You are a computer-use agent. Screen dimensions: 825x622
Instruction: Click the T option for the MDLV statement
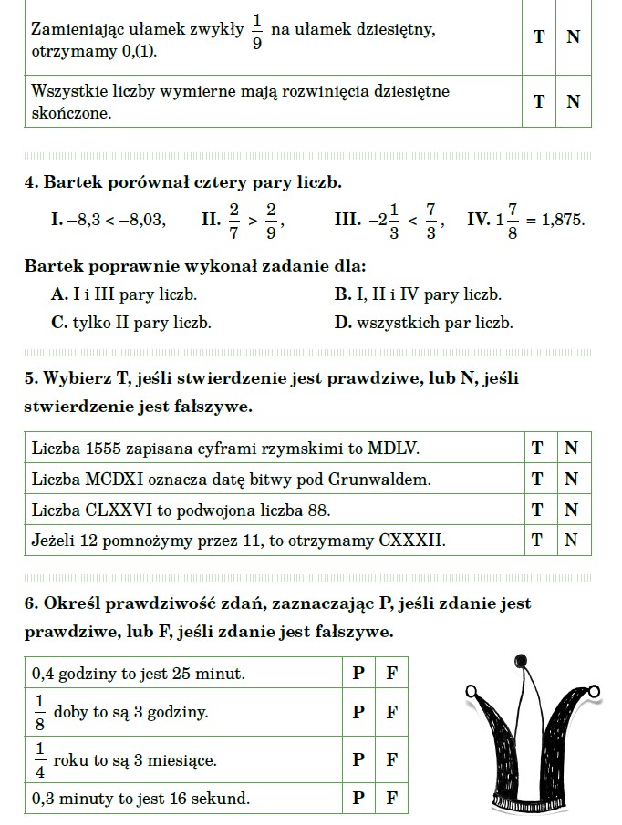pyautogui.click(x=538, y=448)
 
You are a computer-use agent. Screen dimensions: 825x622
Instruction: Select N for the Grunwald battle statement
pyautogui.click(x=572, y=479)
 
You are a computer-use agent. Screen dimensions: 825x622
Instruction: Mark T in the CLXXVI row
pyautogui.click(x=538, y=509)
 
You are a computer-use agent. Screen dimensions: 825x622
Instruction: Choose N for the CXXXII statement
pyautogui.click(x=572, y=540)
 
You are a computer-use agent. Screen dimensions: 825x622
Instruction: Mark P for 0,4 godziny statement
pyautogui.click(x=358, y=675)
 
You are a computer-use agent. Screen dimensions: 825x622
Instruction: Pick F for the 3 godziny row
pyautogui.click(x=391, y=712)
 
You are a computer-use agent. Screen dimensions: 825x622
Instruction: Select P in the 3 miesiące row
pyautogui.click(x=358, y=758)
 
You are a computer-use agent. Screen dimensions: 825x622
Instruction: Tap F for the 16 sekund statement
pyautogui.click(x=391, y=799)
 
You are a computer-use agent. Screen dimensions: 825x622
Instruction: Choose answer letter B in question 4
pyautogui.click(x=342, y=294)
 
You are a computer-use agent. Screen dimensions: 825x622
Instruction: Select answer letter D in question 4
pyautogui.click(x=342, y=323)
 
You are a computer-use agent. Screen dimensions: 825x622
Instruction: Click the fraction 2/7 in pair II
pyautogui.click(x=233, y=220)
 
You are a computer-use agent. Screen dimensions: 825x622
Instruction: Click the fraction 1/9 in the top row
pyautogui.click(x=256, y=33)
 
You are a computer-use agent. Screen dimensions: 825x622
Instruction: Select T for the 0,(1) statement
pyautogui.click(x=539, y=36)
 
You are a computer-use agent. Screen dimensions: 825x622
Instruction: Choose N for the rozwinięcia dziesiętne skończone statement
pyautogui.click(x=573, y=101)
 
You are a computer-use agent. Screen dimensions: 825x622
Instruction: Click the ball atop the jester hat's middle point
pyautogui.click(x=521, y=659)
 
